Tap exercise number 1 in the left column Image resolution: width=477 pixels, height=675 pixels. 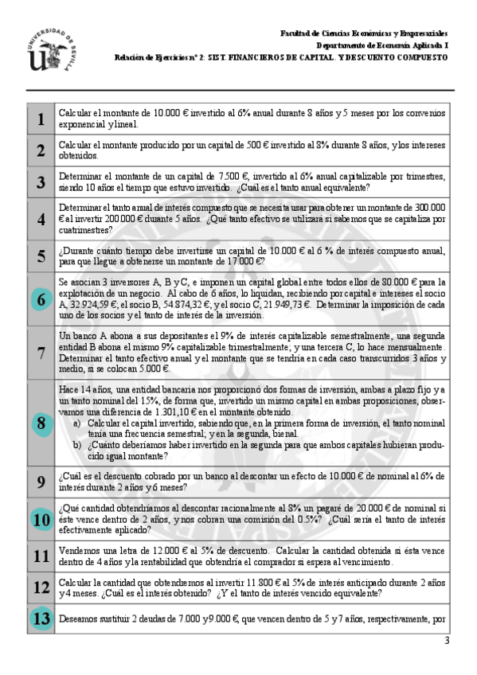[x=41, y=119]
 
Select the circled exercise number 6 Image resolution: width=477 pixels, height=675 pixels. [x=41, y=300]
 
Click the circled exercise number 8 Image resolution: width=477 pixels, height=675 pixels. [x=41, y=423]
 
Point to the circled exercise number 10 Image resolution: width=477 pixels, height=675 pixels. [x=41, y=519]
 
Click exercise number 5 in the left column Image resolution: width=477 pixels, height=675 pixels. [x=41, y=256]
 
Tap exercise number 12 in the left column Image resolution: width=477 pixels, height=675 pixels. [x=41, y=587]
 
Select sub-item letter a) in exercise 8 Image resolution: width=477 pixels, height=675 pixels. [x=76, y=423]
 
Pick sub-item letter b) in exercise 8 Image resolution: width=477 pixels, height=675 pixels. [x=76, y=444]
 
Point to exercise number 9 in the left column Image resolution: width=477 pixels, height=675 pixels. [x=41, y=482]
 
